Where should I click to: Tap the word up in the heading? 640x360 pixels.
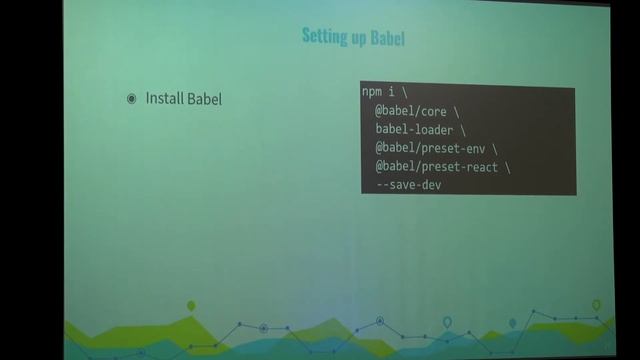[357, 38]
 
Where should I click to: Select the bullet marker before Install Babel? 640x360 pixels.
[131, 99]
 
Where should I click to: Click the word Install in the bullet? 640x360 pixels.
[167, 99]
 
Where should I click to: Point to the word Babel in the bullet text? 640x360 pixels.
[205, 99]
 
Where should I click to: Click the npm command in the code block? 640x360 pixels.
[373, 91]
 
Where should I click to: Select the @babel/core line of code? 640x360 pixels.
[417, 110]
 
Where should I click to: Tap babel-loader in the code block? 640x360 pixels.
[413, 129]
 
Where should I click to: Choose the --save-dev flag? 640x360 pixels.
[408, 185]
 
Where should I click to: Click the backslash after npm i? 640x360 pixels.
[406, 91]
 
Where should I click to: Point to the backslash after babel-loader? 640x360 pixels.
[463, 129]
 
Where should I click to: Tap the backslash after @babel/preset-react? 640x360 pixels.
[507, 167]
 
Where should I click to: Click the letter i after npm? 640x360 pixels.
[391, 91]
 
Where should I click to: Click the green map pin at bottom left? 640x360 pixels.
[191, 306]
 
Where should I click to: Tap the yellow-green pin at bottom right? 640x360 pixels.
[596, 305]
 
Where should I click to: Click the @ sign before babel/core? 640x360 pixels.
[380, 110]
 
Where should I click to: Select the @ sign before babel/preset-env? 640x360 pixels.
[380, 148]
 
